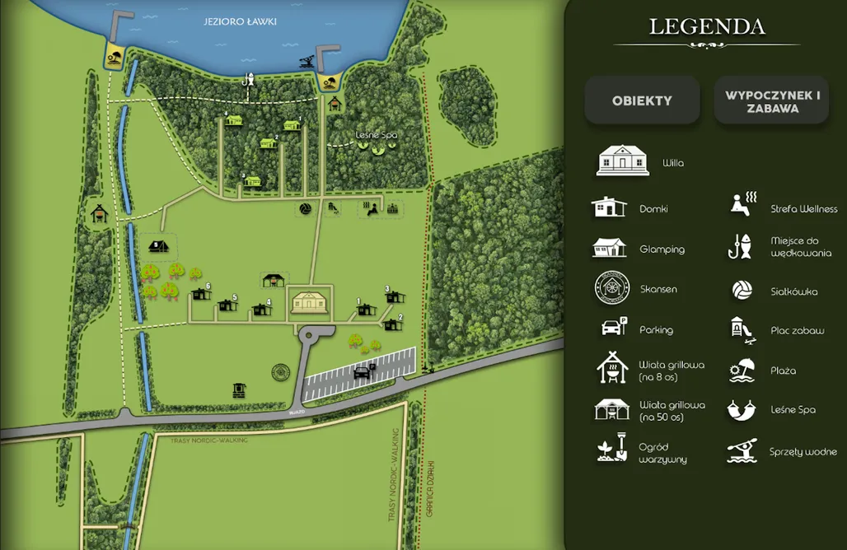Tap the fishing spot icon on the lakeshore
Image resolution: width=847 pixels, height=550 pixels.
point(248,80)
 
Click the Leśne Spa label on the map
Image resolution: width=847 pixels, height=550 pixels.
point(376,135)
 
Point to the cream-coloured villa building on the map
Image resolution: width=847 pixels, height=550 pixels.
point(310,302)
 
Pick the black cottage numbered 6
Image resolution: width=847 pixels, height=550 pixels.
point(200,294)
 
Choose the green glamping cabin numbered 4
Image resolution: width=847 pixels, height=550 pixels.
point(233,121)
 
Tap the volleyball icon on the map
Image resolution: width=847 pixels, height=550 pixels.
point(305,209)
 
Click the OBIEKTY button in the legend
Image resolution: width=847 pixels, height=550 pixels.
point(642,100)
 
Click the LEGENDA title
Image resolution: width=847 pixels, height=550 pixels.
point(707,26)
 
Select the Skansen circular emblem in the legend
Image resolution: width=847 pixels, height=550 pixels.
point(612,288)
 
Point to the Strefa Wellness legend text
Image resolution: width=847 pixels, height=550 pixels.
point(803,209)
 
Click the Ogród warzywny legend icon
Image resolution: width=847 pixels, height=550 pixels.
point(612,450)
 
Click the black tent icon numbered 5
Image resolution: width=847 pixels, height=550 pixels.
point(158,245)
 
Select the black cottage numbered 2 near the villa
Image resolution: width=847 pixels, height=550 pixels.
point(392,324)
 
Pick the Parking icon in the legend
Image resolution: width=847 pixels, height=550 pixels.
point(612,328)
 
